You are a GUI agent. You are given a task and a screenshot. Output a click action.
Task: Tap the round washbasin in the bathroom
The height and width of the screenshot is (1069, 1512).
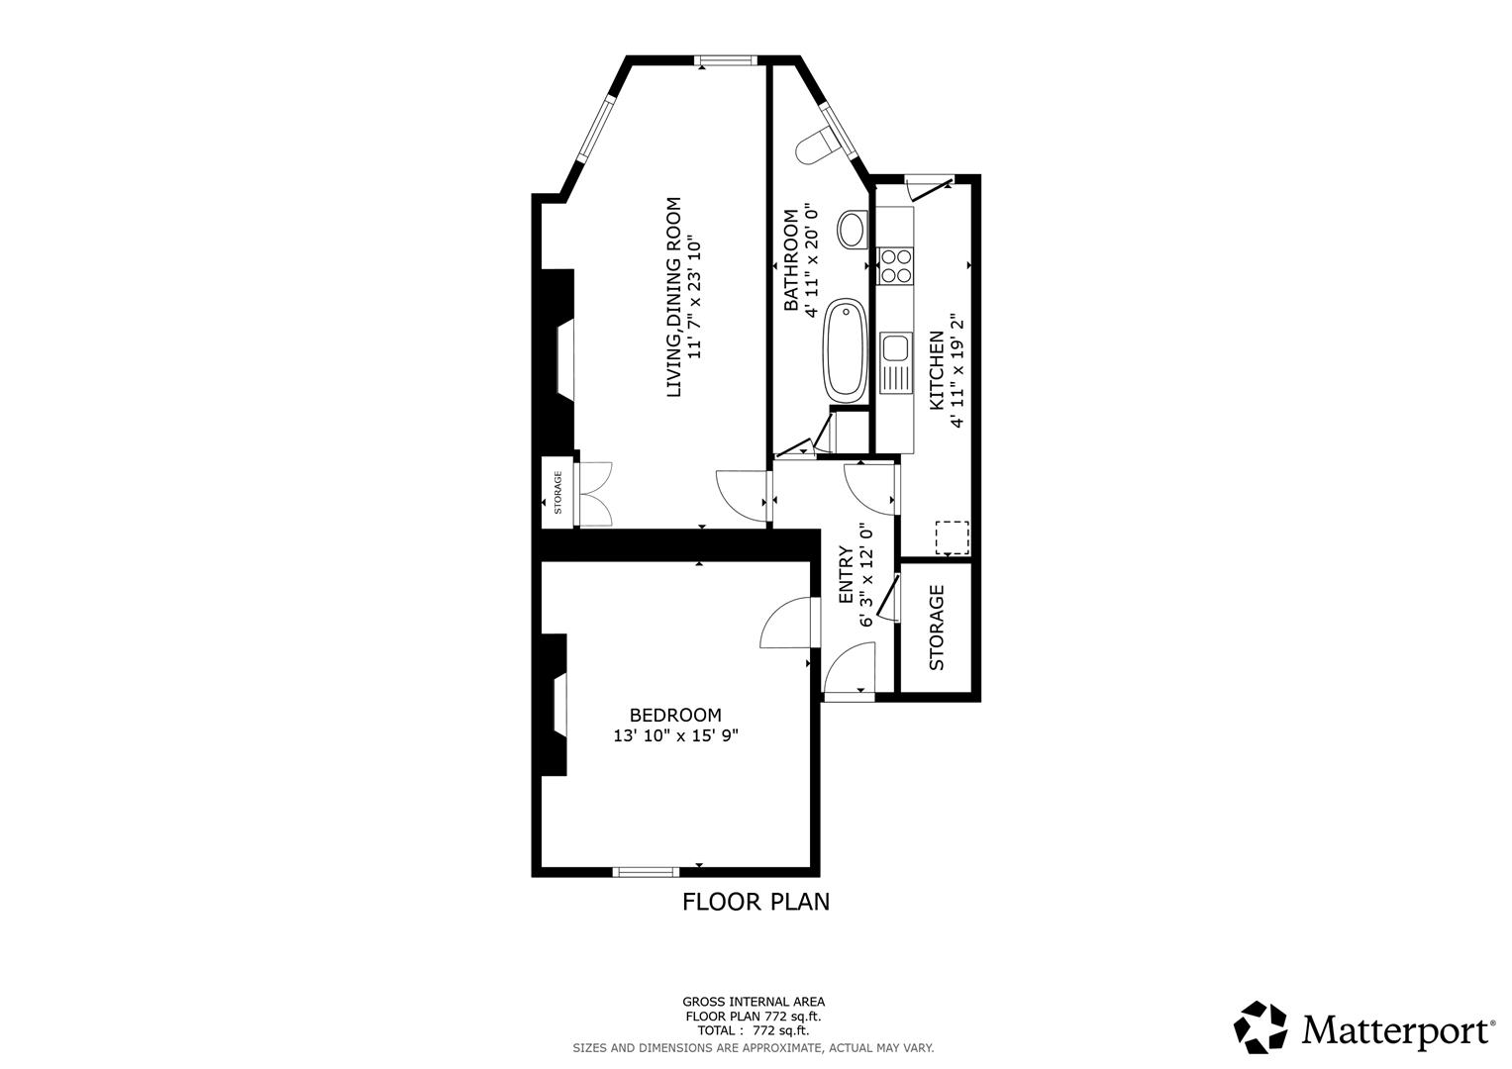tap(852, 230)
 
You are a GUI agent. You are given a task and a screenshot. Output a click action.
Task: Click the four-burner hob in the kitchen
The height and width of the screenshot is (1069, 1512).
tap(895, 264)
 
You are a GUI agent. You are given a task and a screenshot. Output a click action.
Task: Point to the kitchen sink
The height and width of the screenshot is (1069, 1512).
tap(895, 348)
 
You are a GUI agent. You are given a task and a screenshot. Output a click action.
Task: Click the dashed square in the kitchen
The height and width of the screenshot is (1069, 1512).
tap(953, 537)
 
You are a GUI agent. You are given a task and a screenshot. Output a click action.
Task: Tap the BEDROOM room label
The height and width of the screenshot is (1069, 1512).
tap(675, 715)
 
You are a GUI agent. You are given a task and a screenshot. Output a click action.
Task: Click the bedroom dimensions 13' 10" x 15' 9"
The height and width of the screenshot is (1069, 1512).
tap(675, 735)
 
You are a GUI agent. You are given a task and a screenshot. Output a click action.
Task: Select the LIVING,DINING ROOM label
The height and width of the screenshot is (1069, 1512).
tap(674, 297)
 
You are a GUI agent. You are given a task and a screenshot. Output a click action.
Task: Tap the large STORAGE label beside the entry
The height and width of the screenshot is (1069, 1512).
tap(937, 628)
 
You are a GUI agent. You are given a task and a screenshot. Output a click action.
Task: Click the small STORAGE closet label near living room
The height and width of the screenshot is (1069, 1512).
tap(557, 492)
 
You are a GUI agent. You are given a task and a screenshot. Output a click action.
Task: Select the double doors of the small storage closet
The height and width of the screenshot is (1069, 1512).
tap(596, 493)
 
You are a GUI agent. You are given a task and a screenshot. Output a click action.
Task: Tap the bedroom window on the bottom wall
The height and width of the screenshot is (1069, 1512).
tap(646, 871)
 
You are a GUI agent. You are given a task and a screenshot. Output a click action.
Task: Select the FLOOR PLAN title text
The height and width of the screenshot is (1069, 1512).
tap(756, 902)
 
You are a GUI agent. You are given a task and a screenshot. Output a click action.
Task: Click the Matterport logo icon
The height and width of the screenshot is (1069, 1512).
tap(1260, 1027)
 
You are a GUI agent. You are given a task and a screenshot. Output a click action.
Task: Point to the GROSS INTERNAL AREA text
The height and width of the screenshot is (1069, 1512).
tap(753, 1002)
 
